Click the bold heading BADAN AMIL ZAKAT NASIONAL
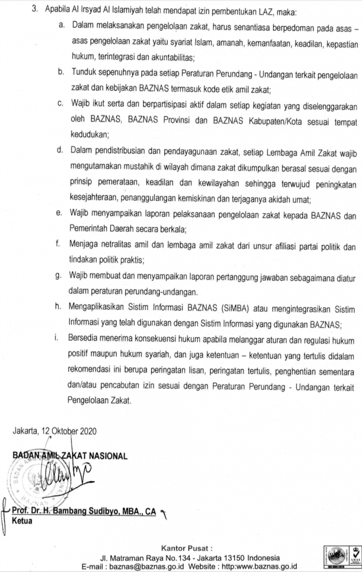(x=69, y=456)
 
